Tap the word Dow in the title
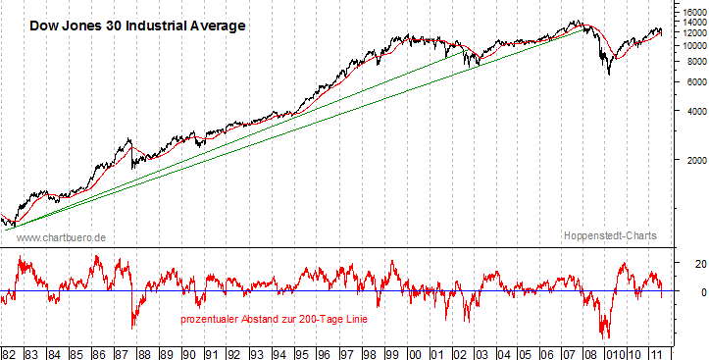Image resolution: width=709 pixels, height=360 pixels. tap(44, 26)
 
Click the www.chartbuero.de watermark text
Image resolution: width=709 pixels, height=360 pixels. tap(62, 237)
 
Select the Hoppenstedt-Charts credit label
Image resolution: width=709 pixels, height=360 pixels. tap(610, 236)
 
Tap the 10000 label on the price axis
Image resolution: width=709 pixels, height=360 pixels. tap(691, 45)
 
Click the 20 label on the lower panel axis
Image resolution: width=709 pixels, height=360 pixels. tap(688, 264)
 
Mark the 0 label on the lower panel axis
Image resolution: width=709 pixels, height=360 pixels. tap(690, 292)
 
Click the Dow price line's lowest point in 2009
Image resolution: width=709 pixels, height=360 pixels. tap(609, 74)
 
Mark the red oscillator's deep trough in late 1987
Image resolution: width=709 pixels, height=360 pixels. tap(133, 328)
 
